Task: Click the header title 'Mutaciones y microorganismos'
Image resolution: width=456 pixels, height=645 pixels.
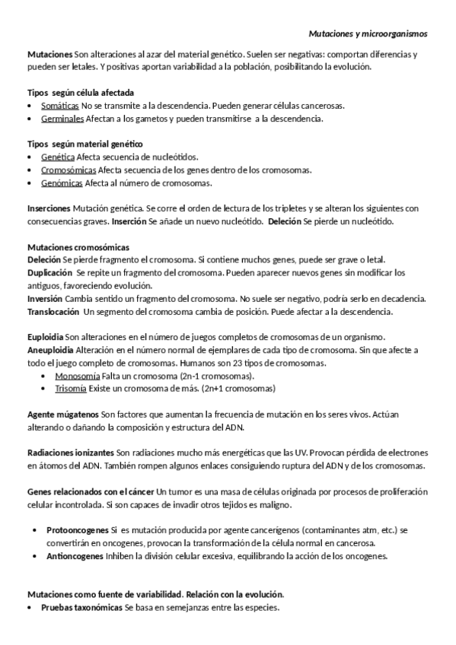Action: pyautogui.click(x=368, y=34)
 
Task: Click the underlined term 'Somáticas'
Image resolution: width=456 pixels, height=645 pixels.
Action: pyautogui.click(x=60, y=106)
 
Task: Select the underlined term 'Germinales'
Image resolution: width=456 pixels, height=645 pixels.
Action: pyautogui.click(x=62, y=119)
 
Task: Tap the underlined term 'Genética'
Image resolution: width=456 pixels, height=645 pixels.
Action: pyautogui.click(x=58, y=157)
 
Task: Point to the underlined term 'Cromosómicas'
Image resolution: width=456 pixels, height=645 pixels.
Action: pyautogui.click(x=69, y=170)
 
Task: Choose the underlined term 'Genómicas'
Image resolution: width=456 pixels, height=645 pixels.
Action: pyautogui.click(x=62, y=183)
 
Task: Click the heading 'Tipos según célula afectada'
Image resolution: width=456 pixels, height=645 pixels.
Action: pyautogui.click(x=70, y=93)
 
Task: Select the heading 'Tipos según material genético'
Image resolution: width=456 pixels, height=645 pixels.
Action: pyautogui.click(x=74, y=144)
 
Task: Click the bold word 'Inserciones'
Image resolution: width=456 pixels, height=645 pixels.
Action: pyautogui.click(x=48, y=208)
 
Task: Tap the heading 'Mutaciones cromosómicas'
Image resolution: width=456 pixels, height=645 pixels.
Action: pyautogui.click(x=78, y=246)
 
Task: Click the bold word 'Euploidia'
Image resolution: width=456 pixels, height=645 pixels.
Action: pyautogui.click(x=45, y=337)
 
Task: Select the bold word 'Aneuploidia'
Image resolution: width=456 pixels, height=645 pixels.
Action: pyautogui.click(x=50, y=350)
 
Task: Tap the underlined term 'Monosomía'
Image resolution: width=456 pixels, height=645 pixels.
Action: pyautogui.click(x=78, y=376)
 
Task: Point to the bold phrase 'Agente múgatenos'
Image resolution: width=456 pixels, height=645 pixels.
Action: pyautogui.click(x=62, y=415)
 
